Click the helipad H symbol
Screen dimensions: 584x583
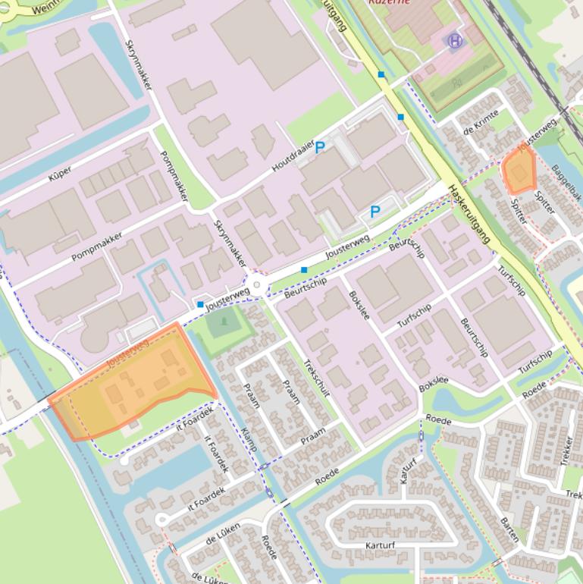click(455, 41)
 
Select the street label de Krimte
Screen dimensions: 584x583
click(480, 120)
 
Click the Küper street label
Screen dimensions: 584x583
click(60, 174)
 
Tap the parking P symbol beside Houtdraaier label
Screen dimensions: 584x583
click(320, 148)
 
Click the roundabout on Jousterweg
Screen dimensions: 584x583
click(257, 286)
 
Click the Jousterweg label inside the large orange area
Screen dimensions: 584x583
click(129, 353)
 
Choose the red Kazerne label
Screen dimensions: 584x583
click(389, 2)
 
